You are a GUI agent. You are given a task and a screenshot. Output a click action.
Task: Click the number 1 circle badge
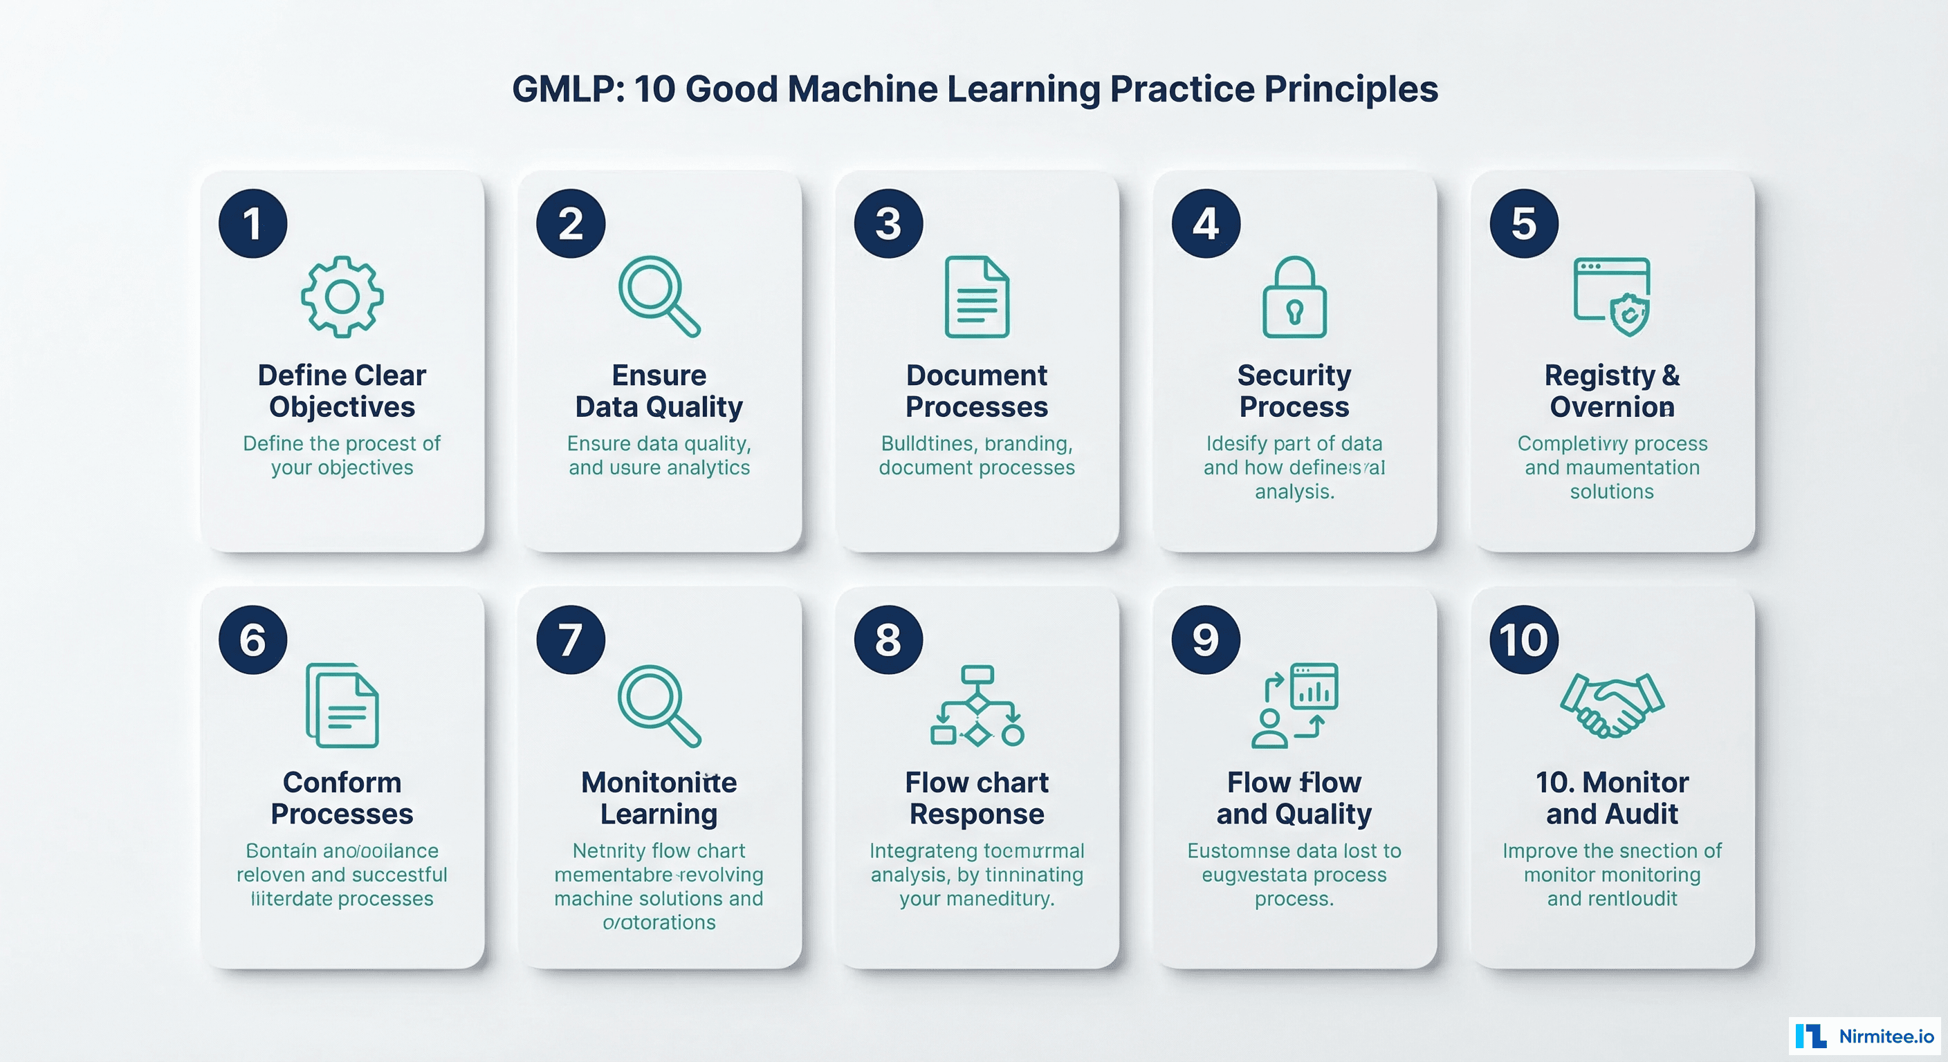(252, 223)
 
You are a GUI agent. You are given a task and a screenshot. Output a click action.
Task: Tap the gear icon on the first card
(342, 297)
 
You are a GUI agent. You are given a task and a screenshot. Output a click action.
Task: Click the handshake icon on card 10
(1612, 705)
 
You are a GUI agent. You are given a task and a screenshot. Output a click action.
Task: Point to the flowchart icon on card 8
(977, 706)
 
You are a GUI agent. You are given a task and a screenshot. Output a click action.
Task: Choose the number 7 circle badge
(570, 640)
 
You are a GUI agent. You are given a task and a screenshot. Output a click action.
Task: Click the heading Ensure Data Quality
(659, 391)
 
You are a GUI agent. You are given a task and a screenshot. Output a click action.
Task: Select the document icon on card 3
(977, 297)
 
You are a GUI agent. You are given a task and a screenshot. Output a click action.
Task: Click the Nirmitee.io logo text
(1885, 1036)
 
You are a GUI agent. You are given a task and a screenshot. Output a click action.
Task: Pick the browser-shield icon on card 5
(1612, 297)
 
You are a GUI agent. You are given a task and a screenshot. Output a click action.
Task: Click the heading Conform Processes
(342, 797)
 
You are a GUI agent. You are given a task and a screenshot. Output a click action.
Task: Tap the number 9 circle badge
(1206, 640)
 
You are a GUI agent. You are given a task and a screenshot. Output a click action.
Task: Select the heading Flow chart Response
(977, 797)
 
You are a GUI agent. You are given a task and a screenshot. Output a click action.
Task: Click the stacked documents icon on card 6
(342, 706)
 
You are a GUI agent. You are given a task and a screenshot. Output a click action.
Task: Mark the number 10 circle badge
(1523, 640)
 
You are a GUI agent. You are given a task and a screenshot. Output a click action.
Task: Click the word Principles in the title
(1350, 89)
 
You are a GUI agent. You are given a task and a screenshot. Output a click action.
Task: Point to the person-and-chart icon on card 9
(1294, 706)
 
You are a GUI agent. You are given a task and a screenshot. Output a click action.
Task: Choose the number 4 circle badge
(1206, 223)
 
